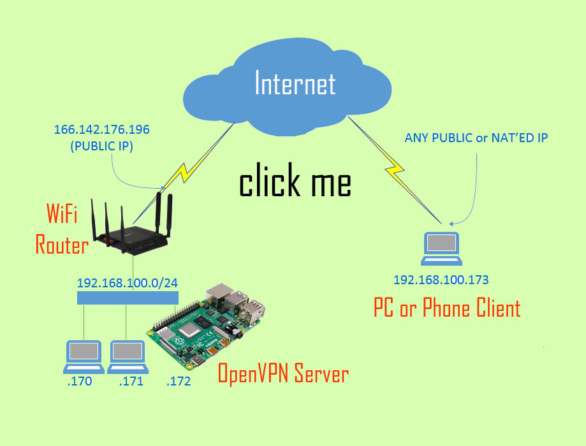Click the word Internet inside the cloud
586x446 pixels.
point(295,83)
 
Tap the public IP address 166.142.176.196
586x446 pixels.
point(101,129)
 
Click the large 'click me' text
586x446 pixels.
point(295,182)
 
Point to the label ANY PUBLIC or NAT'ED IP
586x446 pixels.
point(476,138)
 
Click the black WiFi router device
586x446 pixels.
point(134,229)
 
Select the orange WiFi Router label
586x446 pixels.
point(61,229)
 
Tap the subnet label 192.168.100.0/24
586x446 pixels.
point(128,282)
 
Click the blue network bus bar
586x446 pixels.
point(128,298)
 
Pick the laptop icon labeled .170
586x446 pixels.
point(85,357)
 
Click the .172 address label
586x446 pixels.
point(178,382)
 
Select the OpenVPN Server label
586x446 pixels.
point(283,373)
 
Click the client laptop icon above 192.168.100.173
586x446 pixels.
point(442,249)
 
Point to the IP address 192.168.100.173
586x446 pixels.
point(441,280)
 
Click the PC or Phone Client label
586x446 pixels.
point(446,308)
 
